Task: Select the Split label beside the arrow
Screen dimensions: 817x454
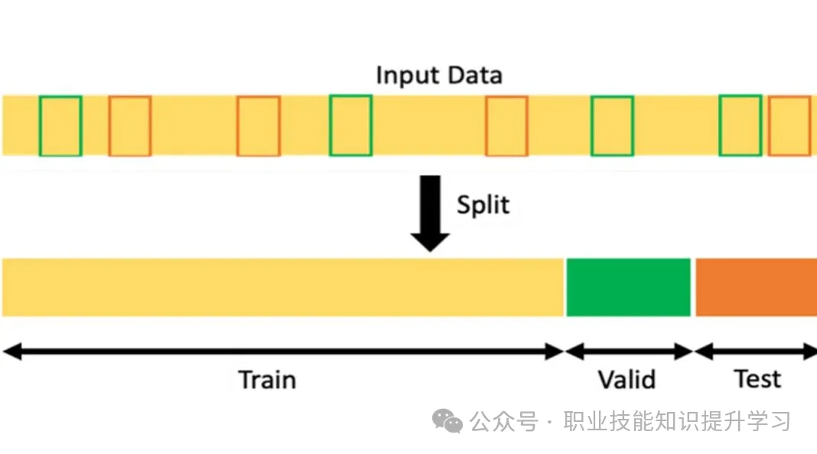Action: pos(483,205)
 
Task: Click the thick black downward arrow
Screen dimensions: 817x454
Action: pos(431,213)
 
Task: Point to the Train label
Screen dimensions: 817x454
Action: pos(267,380)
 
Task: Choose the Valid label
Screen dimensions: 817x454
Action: pos(627,380)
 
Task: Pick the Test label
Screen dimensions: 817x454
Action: pos(757,378)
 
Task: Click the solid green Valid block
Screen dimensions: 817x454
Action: pos(628,287)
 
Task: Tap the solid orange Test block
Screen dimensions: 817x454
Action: pos(756,287)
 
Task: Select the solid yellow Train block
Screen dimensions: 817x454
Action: pos(283,287)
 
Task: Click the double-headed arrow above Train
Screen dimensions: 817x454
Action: pos(283,352)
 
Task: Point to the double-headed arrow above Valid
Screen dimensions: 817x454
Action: pos(629,352)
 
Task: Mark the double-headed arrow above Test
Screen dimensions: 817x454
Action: pos(756,352)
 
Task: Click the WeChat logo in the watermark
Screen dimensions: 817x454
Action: pos(447,420)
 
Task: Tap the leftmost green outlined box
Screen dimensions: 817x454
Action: pos(40,126)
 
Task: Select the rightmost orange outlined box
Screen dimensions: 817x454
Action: pos(769,126)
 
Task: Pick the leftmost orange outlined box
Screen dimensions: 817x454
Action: pos(109,126)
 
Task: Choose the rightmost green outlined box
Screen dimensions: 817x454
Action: pos(720,125)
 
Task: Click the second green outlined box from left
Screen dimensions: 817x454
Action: pos(330,125)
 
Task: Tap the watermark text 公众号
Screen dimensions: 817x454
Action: pos(503,421)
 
